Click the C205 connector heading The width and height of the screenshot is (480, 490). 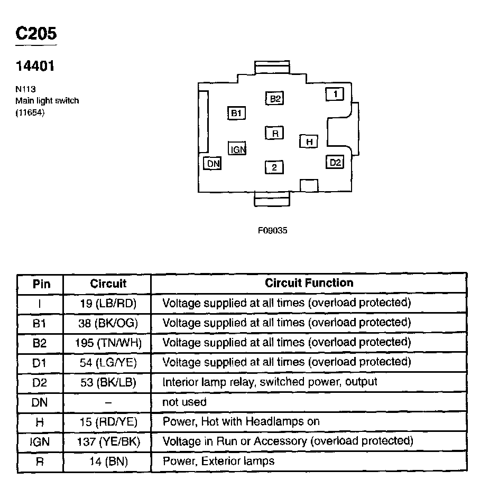[x=35, y=34]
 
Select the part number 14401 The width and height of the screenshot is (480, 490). [x=35, y=67]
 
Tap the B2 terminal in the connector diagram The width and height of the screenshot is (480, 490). [x=275, y=98]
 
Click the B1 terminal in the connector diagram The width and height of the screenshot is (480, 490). [x=236, y=112]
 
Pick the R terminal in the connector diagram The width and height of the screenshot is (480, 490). [x=275, y=133]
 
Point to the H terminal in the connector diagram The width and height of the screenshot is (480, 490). [x=309, y=142]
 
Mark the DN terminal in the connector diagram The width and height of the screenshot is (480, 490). [x=213, y=163]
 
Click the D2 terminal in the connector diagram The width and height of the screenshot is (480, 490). [x=335, y=162]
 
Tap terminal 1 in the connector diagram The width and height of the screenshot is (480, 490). [x=335, y=94]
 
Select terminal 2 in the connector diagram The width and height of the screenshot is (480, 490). [x=274, y=168]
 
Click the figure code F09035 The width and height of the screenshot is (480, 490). [x=272, y=230]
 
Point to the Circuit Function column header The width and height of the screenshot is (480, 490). [x=309, y=283]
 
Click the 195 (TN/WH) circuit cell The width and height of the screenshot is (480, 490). [x=108, y=343]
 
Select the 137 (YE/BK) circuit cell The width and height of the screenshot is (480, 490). [x=108, y=441]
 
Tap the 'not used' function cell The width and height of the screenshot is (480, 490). [x=184, y=402]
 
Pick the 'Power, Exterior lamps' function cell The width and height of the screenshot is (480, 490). [x=218, y=461]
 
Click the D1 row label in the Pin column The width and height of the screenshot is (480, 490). [x=40, y=363]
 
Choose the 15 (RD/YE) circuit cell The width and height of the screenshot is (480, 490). [x=108, y=421]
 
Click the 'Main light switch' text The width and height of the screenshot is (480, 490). [x=47, y=100]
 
